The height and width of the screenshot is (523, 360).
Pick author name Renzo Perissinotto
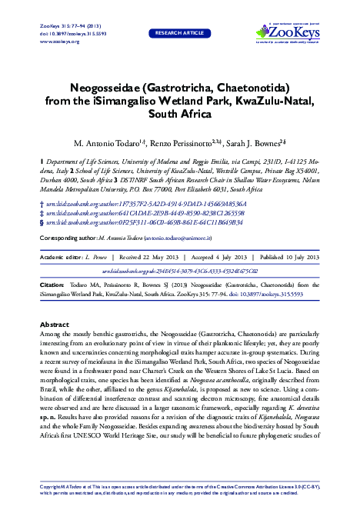(183, 144)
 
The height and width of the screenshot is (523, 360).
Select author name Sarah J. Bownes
(258, 144)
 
